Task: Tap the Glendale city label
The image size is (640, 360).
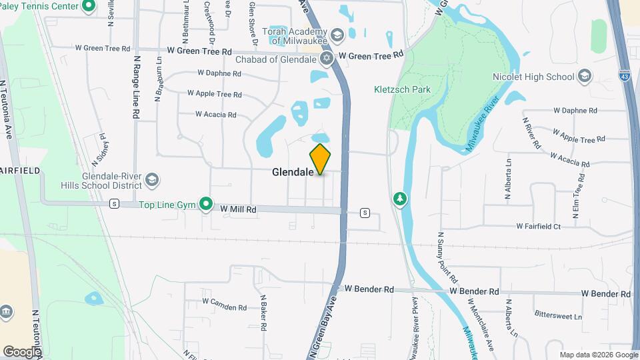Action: point(293,172)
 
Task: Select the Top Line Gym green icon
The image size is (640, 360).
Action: point(207,204)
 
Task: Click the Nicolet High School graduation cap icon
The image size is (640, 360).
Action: point(585,77)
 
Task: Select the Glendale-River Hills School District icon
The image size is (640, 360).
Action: point(153,180)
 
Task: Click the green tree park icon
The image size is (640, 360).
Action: point(400,199)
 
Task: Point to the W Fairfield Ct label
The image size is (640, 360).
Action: point(539,227)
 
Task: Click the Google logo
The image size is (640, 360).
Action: point(21,351)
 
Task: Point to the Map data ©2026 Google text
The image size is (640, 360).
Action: point(597,354)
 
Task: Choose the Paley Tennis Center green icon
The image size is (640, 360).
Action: point(89,7)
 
